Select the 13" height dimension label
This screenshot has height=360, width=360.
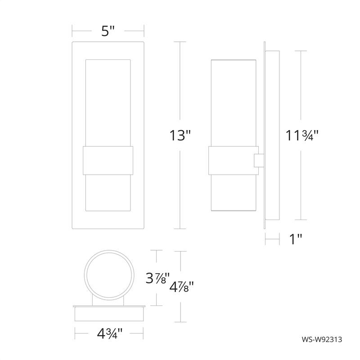(x=180, y=135)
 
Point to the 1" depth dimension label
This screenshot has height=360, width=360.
(x=295, y=239)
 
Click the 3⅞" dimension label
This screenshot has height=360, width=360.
(x=157, y=279)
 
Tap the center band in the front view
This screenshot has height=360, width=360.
(x=108, y=160)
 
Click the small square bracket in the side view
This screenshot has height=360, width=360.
(x=259, y=161)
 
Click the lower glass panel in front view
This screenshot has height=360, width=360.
(x=108, y=191)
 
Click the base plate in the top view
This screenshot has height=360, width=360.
(x=108, y=313)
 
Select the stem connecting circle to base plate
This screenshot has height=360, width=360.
(x=108, y=301)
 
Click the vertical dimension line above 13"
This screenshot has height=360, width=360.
(x=180, y=81)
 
